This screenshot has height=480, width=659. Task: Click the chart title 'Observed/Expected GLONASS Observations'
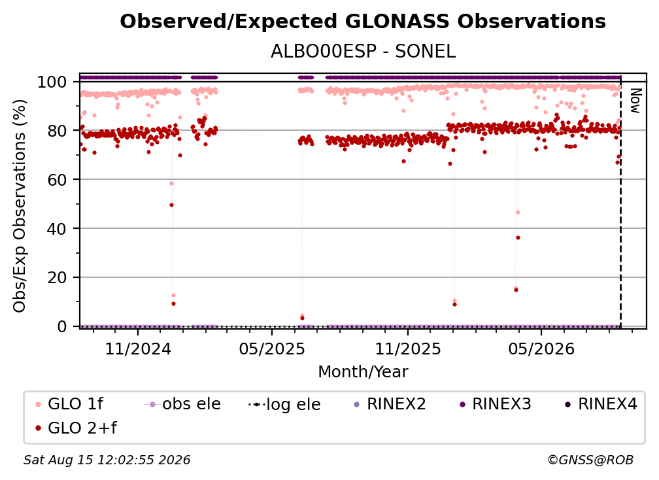(363, 22)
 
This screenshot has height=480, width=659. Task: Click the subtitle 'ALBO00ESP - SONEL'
(363, 52)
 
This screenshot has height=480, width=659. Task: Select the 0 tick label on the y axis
(61, 326)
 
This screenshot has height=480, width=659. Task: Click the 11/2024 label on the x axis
(138, 349)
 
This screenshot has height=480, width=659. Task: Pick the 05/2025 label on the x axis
(272, 349)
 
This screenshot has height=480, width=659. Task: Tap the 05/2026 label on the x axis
(541, 349)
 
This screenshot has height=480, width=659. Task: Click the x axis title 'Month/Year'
(363, 372)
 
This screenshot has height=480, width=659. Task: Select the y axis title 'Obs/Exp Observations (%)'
(20, 206)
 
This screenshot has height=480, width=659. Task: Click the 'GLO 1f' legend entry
(69, 404)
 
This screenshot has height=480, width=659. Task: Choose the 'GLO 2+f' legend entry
(76, 428)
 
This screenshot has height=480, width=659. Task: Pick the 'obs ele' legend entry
(182, 404)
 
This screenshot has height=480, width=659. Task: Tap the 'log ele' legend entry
(284, 404)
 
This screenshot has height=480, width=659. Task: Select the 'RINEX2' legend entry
(390, 404)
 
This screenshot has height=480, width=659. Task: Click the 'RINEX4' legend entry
(601, 404)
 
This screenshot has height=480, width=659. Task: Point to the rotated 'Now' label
(635, 101)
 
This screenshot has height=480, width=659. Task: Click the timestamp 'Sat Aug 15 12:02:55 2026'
(107, 460)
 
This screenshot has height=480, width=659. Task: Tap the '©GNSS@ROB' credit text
(590, 460)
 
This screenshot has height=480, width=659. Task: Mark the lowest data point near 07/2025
(302, 318)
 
